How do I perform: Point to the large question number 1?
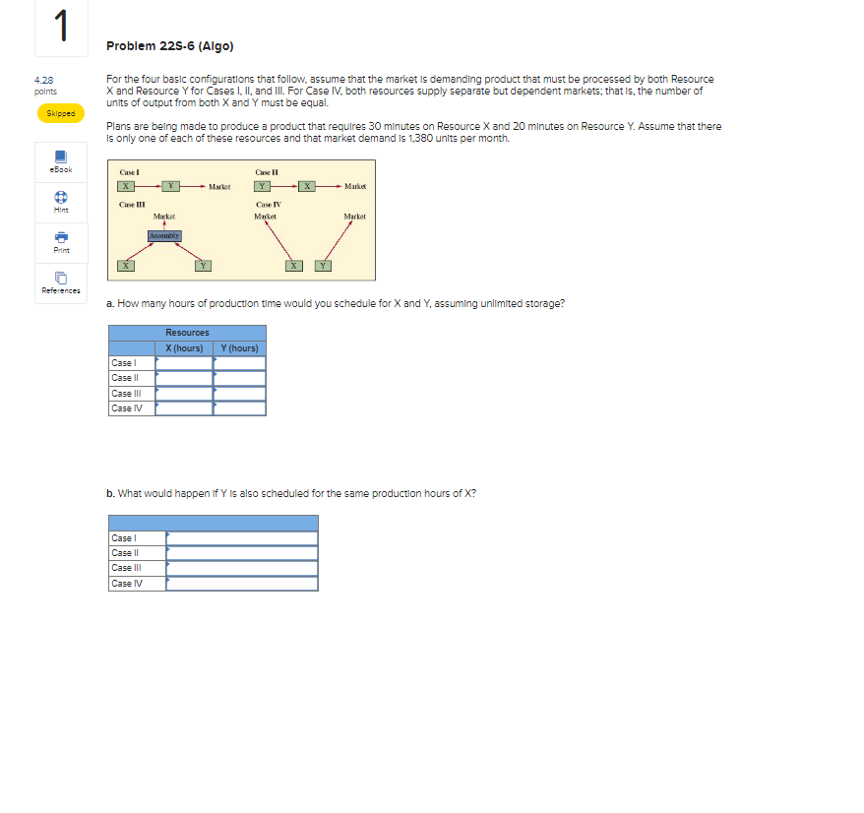[60, 27]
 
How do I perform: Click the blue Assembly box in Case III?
[164, 235]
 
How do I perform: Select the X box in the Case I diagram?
[126, 185]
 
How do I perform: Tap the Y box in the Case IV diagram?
[324, 264]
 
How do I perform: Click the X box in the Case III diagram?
[126, 264]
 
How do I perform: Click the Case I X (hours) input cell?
[184, 363]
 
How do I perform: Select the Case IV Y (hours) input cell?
[240, 408]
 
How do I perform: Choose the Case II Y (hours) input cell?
[240, 378]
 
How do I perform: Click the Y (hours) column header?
[240, 347]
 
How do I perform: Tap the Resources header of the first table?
[187, 333]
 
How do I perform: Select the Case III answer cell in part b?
[242, 568]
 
